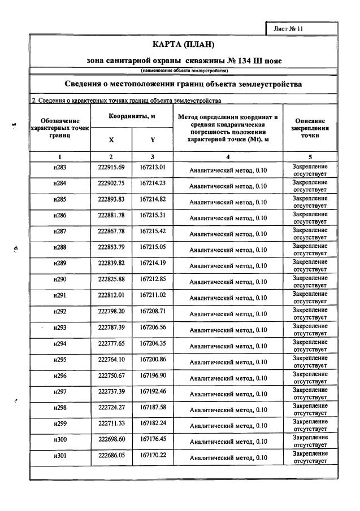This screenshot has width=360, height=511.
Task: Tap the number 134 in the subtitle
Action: pos(240,60)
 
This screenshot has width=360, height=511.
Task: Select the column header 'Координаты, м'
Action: pos(132,116)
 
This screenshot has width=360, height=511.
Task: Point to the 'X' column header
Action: pos(111,139)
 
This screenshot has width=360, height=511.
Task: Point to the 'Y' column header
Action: pos(153,139)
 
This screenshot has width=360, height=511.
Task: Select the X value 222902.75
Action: pos(111,185)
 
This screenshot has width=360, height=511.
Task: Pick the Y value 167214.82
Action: pos(152,200)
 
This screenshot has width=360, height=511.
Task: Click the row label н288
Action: pos(59,248)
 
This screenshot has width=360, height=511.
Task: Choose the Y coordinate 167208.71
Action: pos(152,312)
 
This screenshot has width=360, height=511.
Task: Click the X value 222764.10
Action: pos(111,360)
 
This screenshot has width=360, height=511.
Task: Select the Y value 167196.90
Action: pos(152,376)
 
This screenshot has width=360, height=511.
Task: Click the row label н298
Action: pos(59,408)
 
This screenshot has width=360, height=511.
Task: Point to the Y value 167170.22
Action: pos(152,456)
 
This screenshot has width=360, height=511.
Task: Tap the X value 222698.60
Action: pos(111,440)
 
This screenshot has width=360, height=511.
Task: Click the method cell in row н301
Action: pos(228,458)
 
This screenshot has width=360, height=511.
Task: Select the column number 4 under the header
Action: pos(228,156)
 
